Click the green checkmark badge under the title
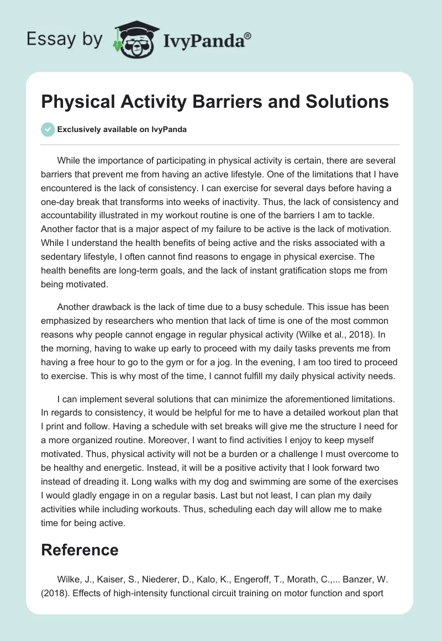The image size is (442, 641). pyautogui.click(x=48, y=129)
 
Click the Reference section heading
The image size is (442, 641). pyautogui.click(x=80, y=549)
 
